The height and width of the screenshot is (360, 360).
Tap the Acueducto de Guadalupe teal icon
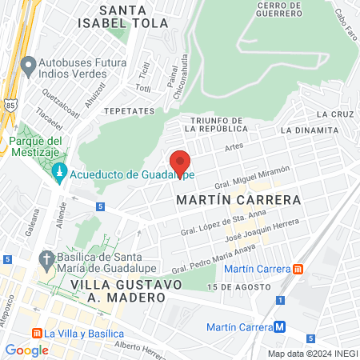59,174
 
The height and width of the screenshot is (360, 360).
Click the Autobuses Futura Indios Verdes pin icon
29,64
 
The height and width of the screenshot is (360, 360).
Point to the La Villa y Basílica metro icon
35,333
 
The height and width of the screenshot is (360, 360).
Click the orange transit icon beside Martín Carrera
298,269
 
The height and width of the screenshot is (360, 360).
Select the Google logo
26,350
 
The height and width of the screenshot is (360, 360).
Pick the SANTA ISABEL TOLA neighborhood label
134,16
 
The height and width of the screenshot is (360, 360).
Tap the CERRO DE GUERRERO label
278,10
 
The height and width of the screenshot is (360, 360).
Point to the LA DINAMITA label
309,130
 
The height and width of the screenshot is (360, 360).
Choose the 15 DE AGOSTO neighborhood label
234,286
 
